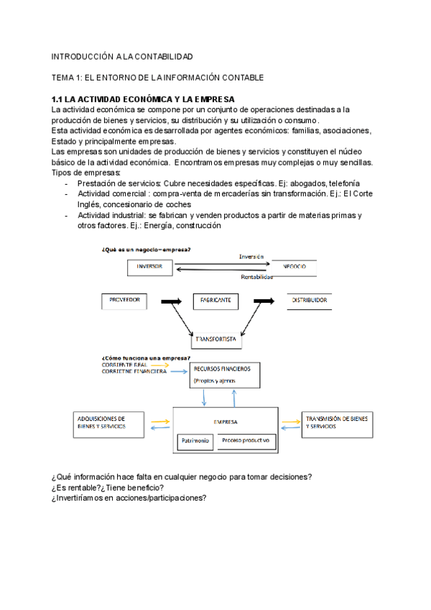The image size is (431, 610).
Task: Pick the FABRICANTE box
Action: tap(215, 301)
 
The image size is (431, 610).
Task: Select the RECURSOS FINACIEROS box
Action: tap(225, 374)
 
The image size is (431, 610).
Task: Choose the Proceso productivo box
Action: tap(245, 440)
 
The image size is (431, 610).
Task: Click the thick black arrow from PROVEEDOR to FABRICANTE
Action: tap(172, 301)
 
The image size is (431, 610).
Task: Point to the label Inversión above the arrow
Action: tap(251, 256)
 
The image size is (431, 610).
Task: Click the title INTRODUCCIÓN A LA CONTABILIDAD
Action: tap(122, 56)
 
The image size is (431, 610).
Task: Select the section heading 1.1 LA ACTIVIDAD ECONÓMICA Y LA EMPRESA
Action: tap(144, 99)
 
